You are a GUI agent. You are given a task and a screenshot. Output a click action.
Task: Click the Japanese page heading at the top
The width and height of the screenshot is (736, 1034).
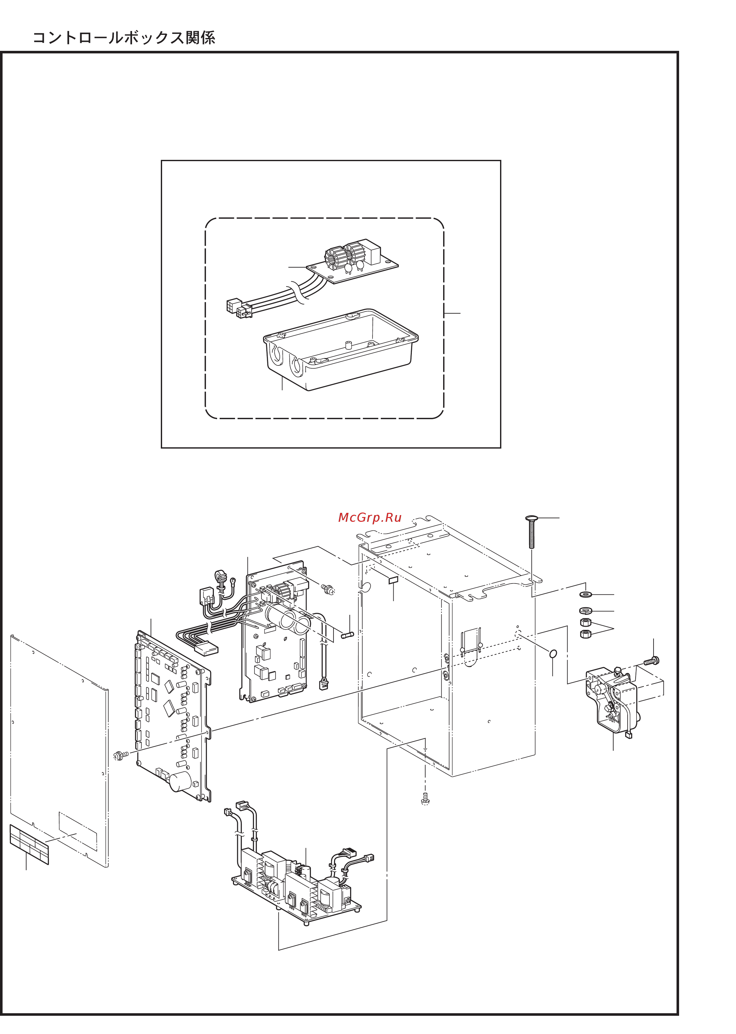124,38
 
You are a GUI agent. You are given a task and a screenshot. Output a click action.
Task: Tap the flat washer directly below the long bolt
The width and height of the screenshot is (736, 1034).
586,594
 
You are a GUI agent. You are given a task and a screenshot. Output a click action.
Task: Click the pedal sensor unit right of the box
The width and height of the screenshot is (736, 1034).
612,700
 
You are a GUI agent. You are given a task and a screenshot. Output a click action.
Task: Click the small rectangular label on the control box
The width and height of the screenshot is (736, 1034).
393,580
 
